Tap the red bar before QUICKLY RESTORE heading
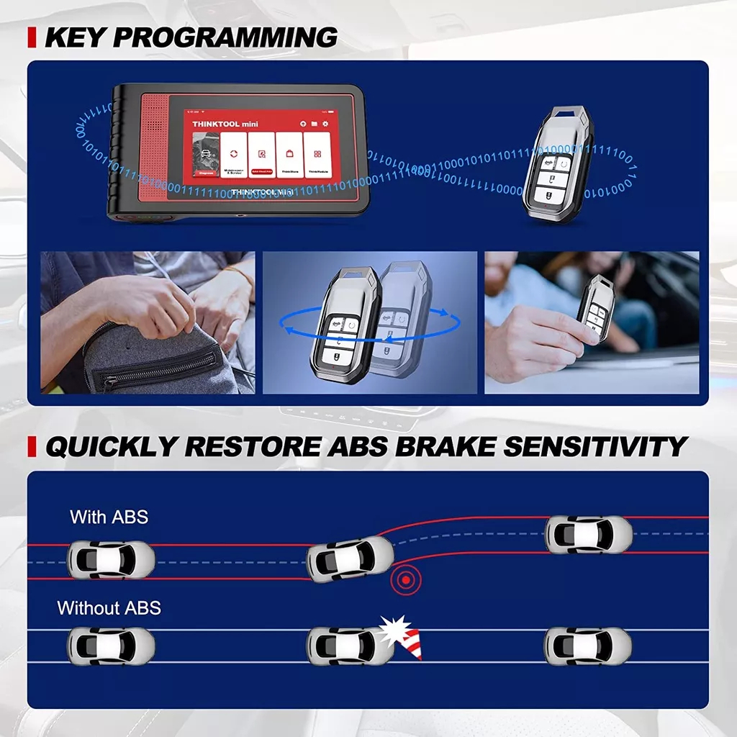[x=32, y=447]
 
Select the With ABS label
[x=109, y=517]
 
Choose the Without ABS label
[x=109, y=608]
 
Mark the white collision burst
[x=394, y=630]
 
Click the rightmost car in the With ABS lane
[x=588, y=535]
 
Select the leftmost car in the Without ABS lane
[x=110, y=646]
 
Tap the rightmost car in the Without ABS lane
[x=587, y=646]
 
